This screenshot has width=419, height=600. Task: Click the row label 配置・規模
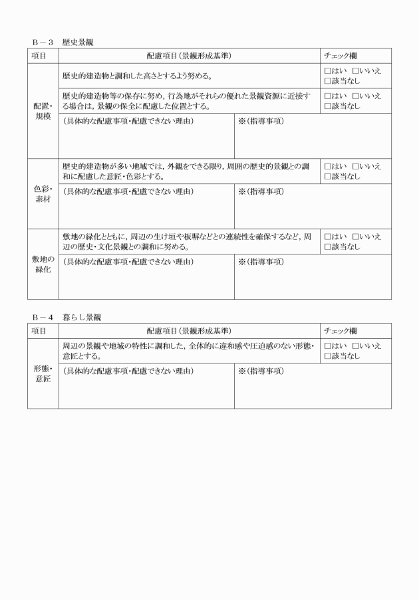click(43, 111)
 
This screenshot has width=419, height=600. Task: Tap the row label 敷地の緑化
click(43, 264)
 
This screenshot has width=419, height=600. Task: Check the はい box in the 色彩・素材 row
click(327, 166)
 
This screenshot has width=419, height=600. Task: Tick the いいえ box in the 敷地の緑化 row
click(355, 237)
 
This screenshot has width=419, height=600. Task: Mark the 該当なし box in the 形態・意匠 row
click(327, 356)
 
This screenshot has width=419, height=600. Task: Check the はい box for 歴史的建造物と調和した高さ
click(327, 71)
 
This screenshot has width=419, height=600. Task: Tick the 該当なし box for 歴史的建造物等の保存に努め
click(327, 106)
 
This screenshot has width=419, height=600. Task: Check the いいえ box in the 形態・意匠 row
click(355, 346)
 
